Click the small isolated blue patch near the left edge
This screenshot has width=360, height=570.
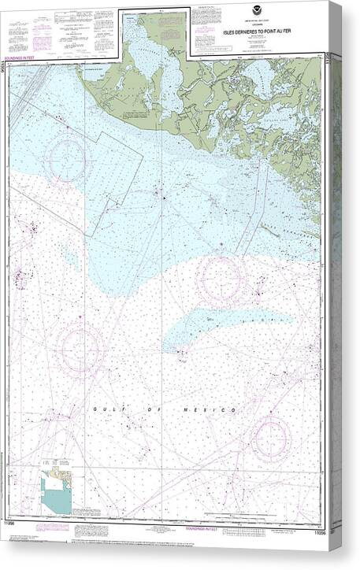pos(71,257)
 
